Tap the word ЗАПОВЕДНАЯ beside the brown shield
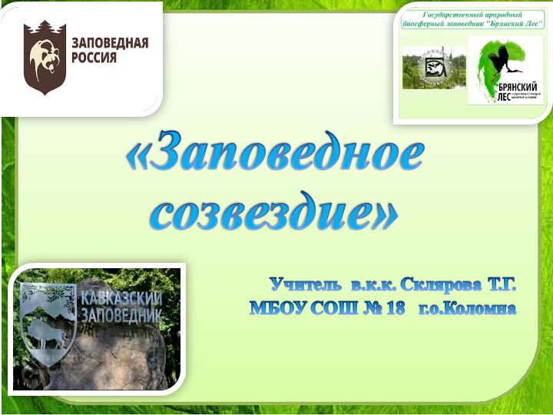click(110, 43)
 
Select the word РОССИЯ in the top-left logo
click(94, 57)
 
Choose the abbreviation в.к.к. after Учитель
click(370, 286)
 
